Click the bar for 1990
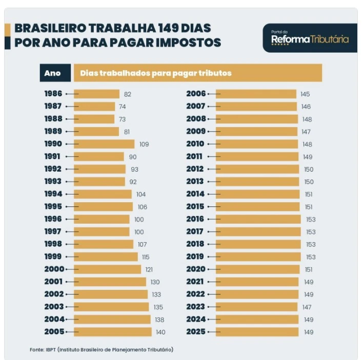[x=104, y=144]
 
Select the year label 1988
[x=53, y=119]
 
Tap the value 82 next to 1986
[x=128, y=94]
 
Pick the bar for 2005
[x=113, y=332]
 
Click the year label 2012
[x=195, y=169]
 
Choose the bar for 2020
[x=257, y=269]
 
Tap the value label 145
[x=306, y=94]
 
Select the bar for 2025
[x=256, y=332]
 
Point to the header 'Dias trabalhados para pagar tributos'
[x=156, y=73]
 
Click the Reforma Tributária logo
[x=310, y=37]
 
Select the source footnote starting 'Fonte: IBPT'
[x=102, y=349]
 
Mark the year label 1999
[x=53, y=257]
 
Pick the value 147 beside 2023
[x=307, y=307]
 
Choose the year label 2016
[x=195, y=219]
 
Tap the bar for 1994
[x=103, y=194]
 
